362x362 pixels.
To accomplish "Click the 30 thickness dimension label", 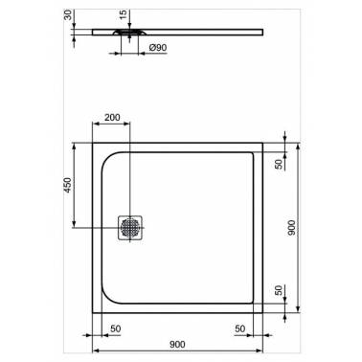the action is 68,14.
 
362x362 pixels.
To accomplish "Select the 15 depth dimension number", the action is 124,14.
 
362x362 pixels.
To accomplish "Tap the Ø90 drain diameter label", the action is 158,48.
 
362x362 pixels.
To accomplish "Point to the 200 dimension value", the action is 112,117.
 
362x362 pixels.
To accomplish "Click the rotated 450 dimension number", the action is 68,185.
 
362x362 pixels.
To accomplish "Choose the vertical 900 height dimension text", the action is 291,228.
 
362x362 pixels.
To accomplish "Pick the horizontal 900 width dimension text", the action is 177,344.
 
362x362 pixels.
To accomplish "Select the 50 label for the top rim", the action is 279,164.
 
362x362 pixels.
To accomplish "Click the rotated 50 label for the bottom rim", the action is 279,290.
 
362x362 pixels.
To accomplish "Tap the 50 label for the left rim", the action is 116,328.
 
